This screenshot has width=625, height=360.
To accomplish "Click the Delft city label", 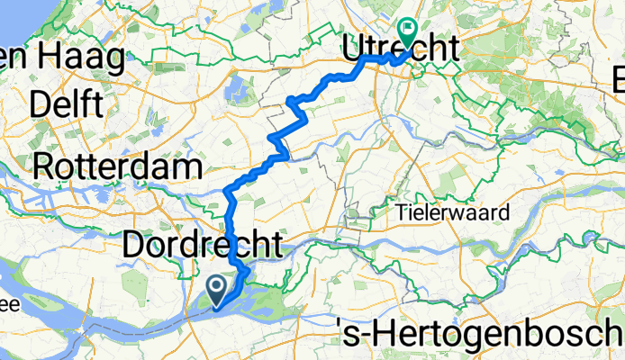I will (x=65, y=104).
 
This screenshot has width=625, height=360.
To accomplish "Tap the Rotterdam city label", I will (x=116, y=166).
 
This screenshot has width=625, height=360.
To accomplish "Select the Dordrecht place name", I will (x=202, y=244).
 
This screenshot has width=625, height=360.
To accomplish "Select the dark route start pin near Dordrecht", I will (x=217, y=289).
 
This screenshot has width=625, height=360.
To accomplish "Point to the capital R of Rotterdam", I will (x=44, y=166).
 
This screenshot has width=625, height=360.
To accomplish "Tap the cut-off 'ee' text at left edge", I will (x=9, y=305).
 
